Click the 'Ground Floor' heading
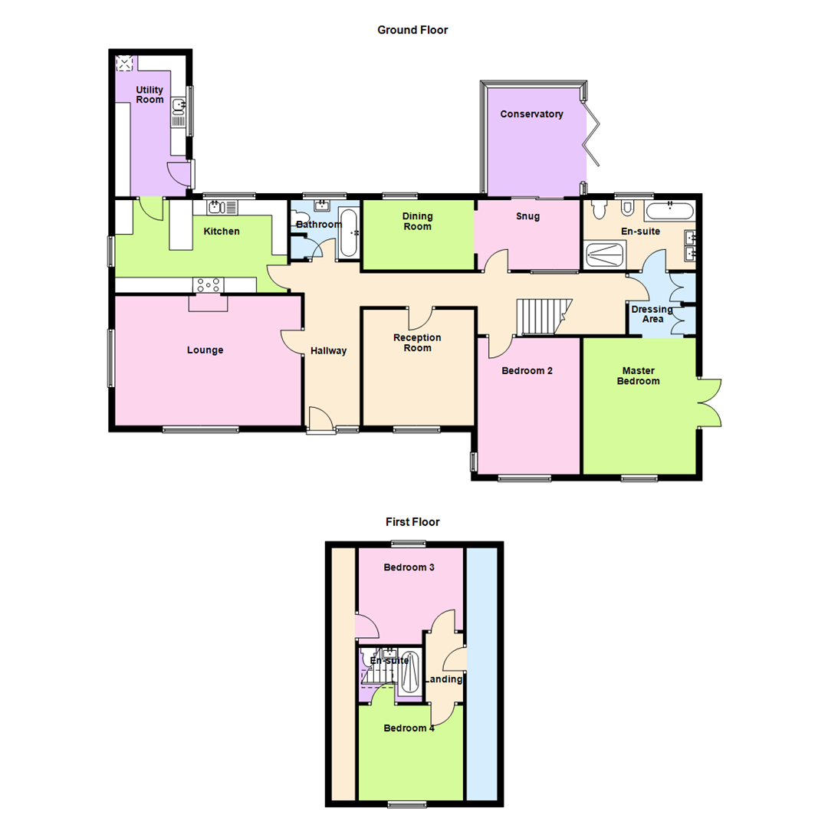[x=412, y=30]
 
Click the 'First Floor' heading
[x=412, y=522]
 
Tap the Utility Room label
[x=149, y=94]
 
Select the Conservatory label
[x=531, y=114]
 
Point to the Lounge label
[x=205, y=350]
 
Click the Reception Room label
[x=417, y=343]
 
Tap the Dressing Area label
[x=652, y=314]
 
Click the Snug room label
[x=527, y=216]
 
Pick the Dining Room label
[x=416, y=222]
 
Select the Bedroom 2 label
[x=527, y=370]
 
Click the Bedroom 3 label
[x=409, y=568]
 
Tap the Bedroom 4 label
[x=409, y=728]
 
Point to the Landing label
[x=444, y=679]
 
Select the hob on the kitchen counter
[x=209, y=284]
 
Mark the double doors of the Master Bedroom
[x=710, y=402]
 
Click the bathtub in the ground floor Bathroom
[x=348, y=232]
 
